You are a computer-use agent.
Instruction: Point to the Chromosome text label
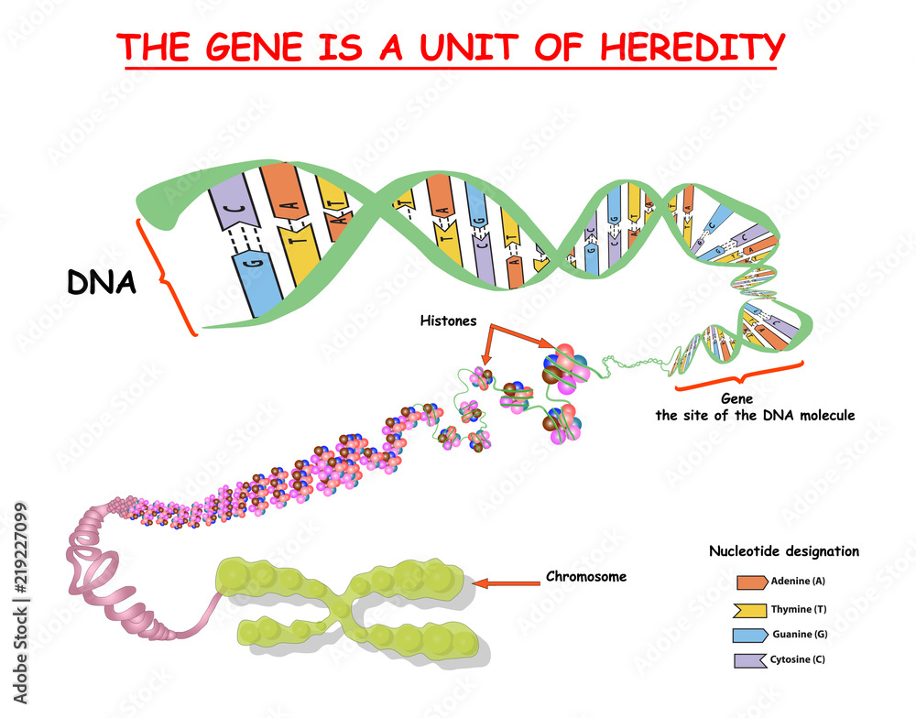(585, 577)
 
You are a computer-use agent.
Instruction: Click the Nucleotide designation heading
(784, 551)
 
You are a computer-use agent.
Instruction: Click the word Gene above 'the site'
(736, 399)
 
